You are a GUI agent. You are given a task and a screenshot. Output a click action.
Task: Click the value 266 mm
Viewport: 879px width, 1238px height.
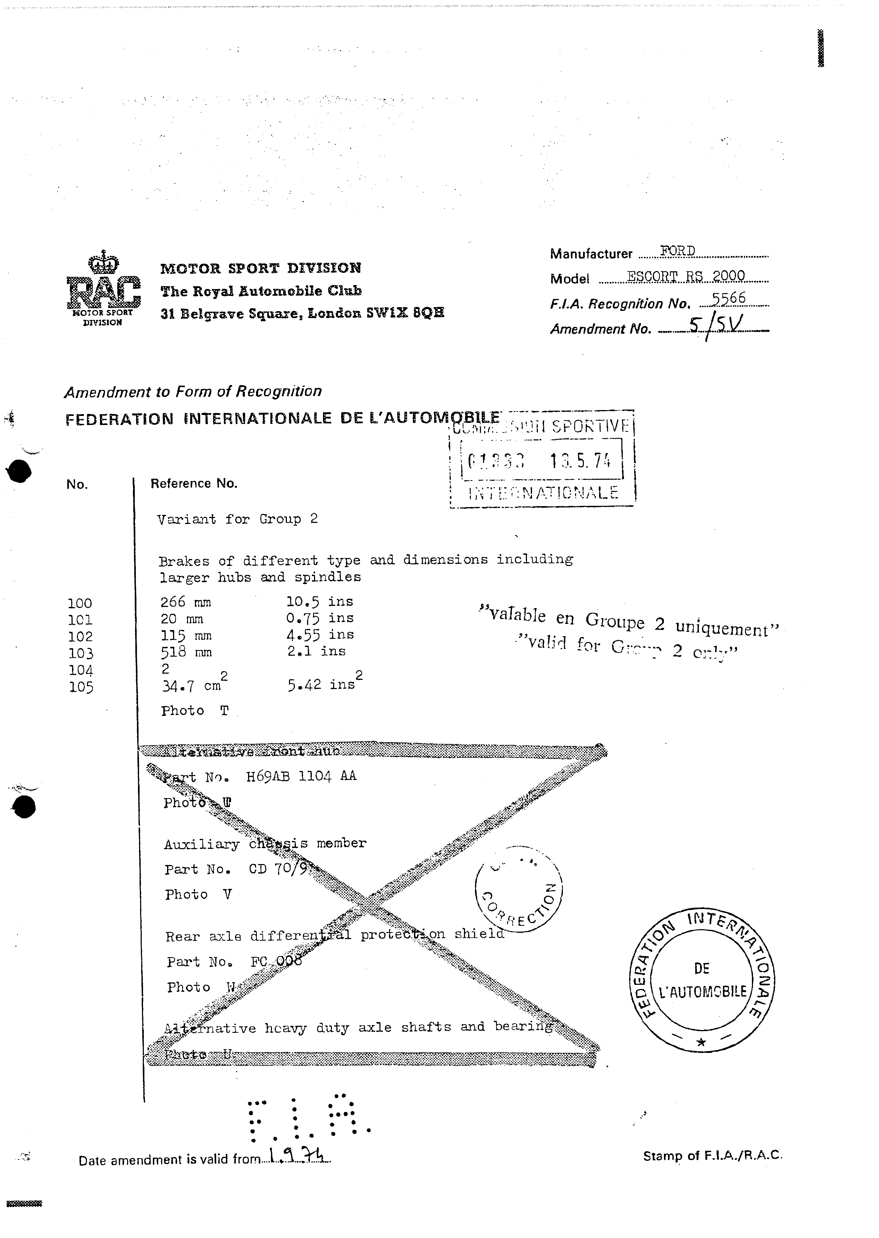click(186, 602)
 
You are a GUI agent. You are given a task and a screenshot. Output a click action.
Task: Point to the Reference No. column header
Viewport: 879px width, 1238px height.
click(194, 483)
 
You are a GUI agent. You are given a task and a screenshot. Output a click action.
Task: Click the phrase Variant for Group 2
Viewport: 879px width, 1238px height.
click(237, 519)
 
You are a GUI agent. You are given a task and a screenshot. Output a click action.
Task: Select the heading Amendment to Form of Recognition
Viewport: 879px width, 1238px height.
click(193, 391)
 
